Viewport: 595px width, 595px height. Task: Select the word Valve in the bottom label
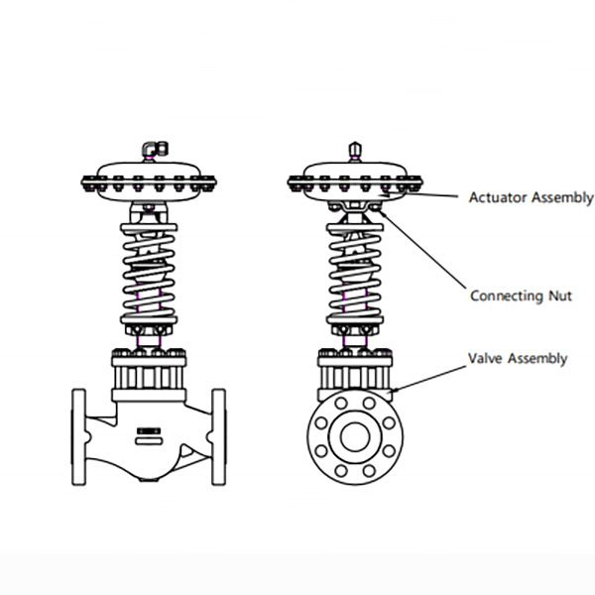(486, 358)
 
